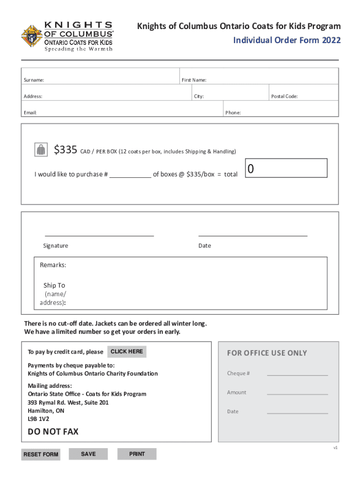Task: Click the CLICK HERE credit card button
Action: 127,352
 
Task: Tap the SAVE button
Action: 88,454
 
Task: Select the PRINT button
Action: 137,454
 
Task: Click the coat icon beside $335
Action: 41,150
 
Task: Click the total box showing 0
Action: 286,168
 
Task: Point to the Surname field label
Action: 34,80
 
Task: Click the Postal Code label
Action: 284,96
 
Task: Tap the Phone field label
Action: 233,113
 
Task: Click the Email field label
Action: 30,113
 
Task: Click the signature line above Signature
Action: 99,236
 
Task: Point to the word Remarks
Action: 53,265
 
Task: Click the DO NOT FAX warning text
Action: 53,432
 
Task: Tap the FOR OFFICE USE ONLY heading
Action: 267,353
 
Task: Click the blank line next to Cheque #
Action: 297,375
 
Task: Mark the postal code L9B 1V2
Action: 38,419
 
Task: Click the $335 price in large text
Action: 65,150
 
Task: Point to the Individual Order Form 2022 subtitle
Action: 287,40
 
